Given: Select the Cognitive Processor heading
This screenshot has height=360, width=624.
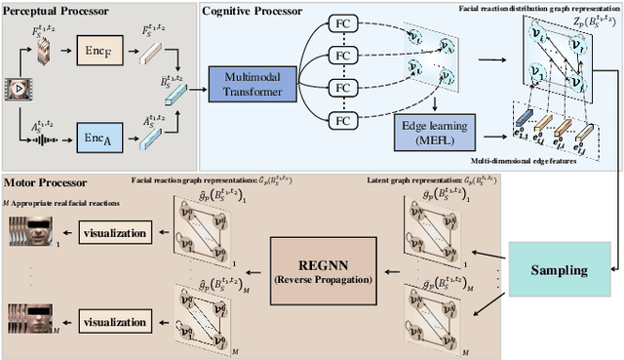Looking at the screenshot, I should coord(251,9).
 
